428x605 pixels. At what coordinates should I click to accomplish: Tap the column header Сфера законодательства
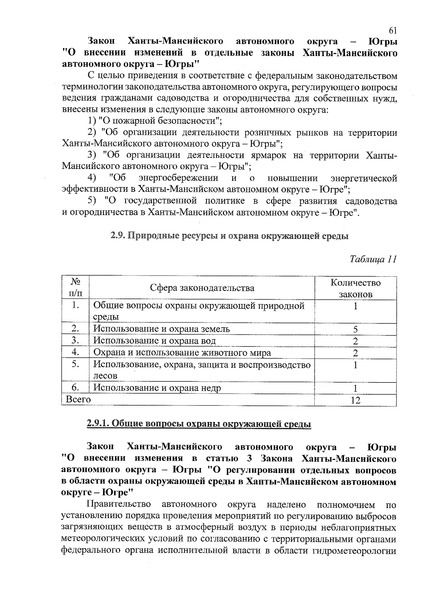[202, 288]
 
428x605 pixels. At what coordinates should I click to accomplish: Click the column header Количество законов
[355, 288]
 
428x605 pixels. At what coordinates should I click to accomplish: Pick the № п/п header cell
[75, 288]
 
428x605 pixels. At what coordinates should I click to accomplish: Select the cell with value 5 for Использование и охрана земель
[355, 329]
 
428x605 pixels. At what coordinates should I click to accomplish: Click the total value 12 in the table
[355, 400]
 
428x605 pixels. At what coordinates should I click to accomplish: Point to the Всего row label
[78, 400]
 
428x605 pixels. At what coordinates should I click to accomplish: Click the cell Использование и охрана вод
[154, 341]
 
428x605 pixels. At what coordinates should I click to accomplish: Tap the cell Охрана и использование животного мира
[182, 353]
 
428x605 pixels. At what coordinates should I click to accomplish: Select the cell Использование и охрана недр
[157, 388]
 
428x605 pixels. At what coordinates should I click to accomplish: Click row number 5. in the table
[75, 365]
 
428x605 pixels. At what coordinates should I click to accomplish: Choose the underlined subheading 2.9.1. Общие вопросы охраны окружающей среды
[199, 424]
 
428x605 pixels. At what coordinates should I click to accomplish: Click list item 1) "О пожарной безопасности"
[155, 121]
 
